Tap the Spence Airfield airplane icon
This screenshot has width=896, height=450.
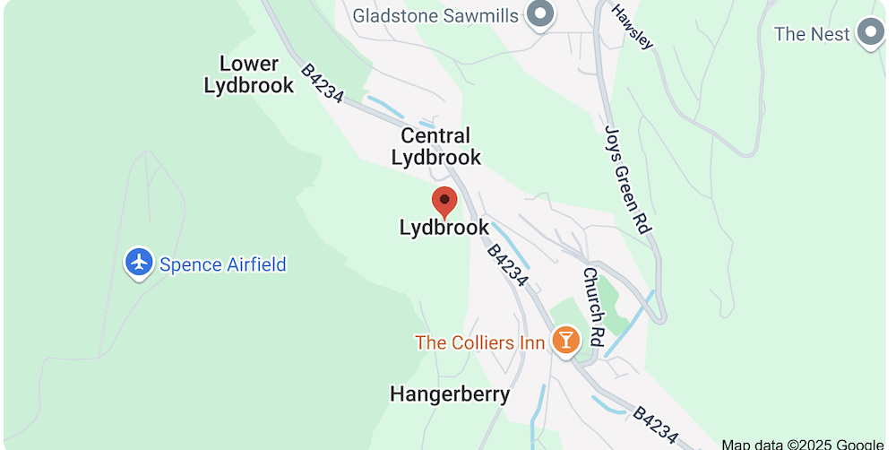(x=139, y=263)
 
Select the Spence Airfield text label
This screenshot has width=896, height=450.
(x=223, y=264)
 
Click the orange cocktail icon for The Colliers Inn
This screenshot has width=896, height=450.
(x=565, y=340)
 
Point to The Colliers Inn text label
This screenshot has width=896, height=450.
(x=479, y=342)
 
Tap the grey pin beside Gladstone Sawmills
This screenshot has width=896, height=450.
(x=540, y=14)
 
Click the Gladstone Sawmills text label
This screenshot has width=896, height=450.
(x=435, y=15)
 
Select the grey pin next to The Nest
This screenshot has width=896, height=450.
(x=870, y=33)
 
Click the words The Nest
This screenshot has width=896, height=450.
(x=812, y=34)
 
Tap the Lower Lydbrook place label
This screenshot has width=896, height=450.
(x=249, y=74)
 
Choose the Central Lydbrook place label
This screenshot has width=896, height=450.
(x=436, y=146)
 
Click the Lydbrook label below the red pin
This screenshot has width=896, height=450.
(x=444, y=228)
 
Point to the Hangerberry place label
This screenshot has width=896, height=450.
(x=450, y=394)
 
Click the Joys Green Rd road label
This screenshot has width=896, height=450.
(x=625, y=179)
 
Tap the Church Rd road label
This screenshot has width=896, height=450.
(x=594, y=295)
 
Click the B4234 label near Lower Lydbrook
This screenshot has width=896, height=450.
(x=323, y=82)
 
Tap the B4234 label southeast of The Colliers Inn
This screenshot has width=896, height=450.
(x=655, y=425)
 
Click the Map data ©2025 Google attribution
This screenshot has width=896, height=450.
(x=802, y=444)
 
